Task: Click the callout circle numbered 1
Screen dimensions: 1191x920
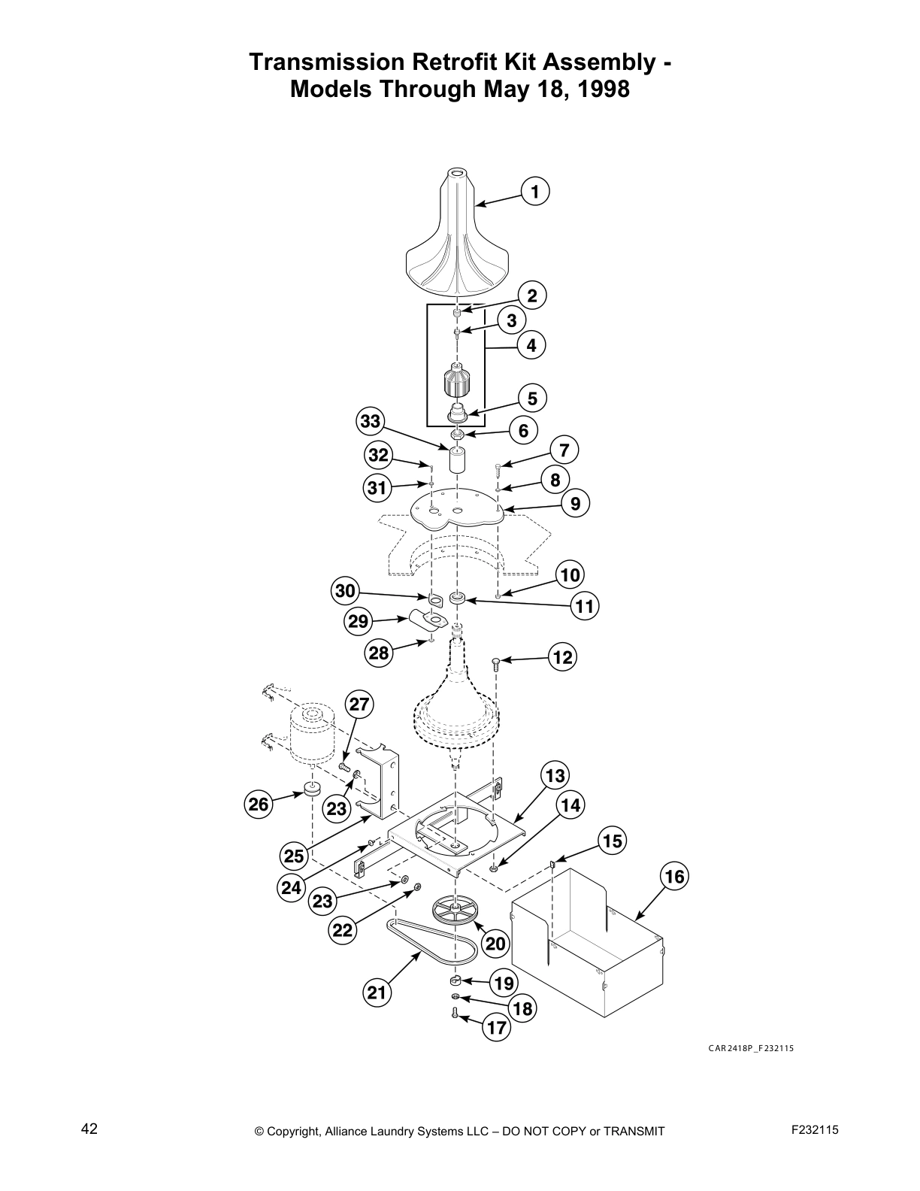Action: [x=534, y=192]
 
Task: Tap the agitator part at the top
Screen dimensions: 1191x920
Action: [x=458, y=241]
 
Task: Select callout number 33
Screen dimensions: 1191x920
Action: [x=371, y=421]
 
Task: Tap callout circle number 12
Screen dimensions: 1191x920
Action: [x=562, y=657]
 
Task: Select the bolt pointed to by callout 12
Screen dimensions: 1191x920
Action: [x=496, y=662]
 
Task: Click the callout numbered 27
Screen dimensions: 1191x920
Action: [x=360, y=704]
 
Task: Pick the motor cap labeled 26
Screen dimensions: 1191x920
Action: [x=310, y=789]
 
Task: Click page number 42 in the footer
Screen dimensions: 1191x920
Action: [x=89, y=1128]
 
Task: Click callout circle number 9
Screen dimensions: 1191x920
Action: [x=575, y=503]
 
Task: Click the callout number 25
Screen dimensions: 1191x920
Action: [x=294, y=856]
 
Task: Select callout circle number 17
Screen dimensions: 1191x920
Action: [x=496, y=1027]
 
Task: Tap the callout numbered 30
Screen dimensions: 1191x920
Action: [x=345, y=591]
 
